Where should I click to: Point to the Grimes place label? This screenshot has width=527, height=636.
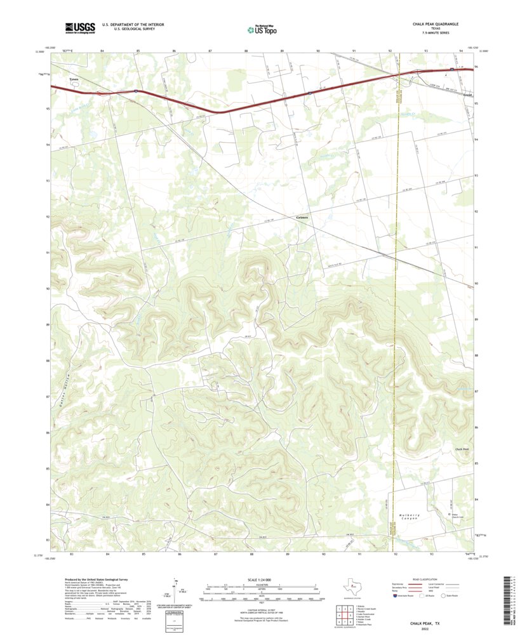point(302,218)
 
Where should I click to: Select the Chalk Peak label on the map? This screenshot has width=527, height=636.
point(462,449)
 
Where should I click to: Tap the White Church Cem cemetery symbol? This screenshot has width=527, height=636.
point(450,513)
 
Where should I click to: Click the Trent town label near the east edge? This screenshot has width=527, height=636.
point(468,95)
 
